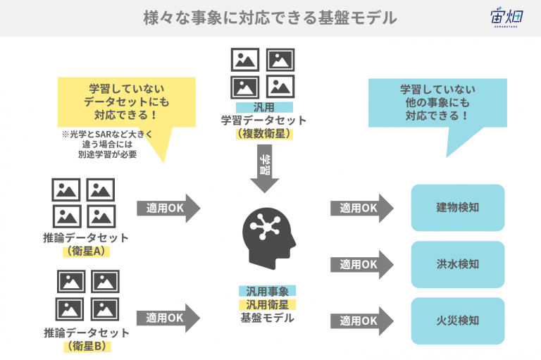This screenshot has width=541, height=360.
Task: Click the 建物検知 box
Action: (x=457, y=207)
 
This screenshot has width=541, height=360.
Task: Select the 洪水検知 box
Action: (x=457, y=264)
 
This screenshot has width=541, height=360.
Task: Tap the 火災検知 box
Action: (x=457, y=321)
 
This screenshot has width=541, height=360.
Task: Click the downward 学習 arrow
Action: (x=265, y=168)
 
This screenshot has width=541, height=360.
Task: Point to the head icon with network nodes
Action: (x=269, y=238)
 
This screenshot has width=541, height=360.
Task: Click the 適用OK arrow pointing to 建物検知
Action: (x=362, y=208)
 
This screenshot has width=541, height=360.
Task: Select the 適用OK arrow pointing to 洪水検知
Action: (x=362, y=265)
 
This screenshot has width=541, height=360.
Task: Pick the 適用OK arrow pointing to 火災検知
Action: (x=362, y=321)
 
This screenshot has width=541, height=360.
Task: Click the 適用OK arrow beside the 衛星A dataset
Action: (x=168, y=208)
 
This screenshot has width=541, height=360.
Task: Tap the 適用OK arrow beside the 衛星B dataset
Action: (x=168, y=318)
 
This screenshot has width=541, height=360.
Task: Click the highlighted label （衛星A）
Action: (x=86, y=251)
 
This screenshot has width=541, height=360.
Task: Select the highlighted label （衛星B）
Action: (x=87, y=346)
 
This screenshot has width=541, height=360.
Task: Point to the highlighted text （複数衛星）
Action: (x=264, y=133)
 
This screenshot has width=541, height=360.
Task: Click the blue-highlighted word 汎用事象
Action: (x=268, y=292)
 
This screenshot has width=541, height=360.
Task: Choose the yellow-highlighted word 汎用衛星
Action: (x=268, y=304)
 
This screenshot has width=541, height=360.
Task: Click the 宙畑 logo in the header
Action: (x=506, y=17)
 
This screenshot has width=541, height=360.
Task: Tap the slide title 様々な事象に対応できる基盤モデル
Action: (x=270, y=18)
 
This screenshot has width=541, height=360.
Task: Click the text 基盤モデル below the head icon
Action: (x=268, y=318)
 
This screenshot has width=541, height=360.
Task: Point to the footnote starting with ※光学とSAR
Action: (x=107, y=144)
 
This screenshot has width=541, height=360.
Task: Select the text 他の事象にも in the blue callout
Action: (x=437, y=103)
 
